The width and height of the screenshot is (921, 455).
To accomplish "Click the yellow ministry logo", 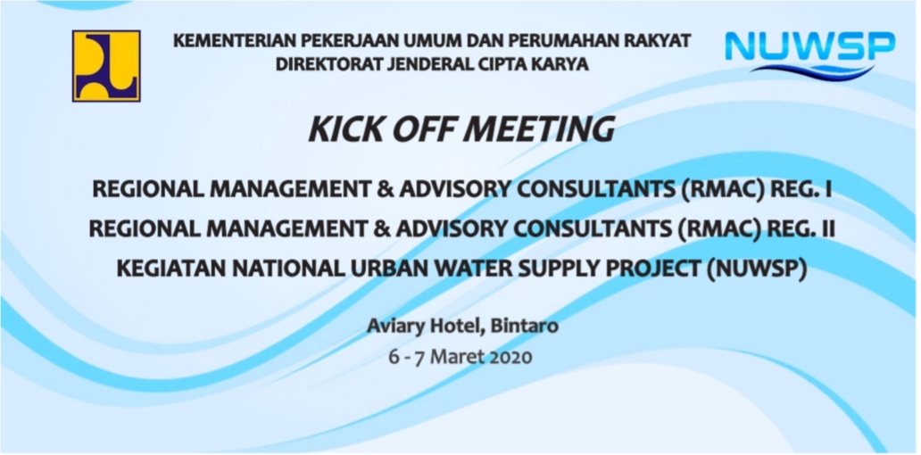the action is [106, 66].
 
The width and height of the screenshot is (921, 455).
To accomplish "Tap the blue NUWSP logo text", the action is [809, 46].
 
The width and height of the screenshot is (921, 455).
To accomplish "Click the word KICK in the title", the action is [339, 129].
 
